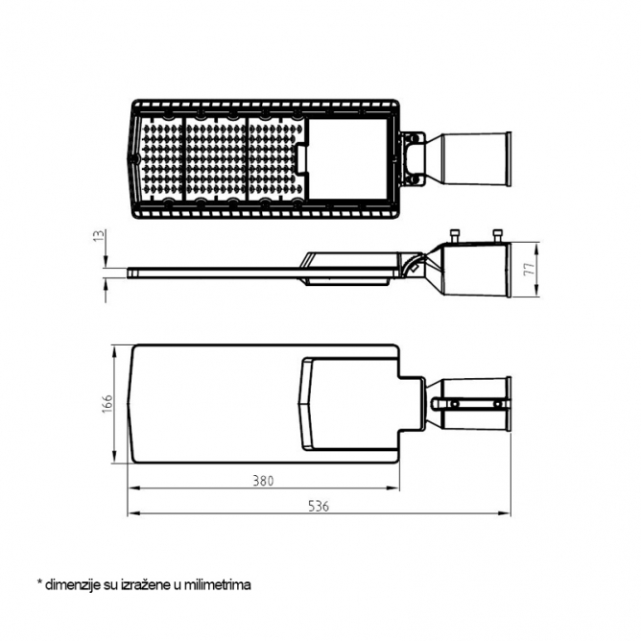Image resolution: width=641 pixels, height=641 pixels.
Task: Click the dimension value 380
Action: click(x=263, y=481)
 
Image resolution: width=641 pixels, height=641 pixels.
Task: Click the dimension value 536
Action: click(x=319, y=506)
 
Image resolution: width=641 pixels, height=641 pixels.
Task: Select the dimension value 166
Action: click(x=107, y=403)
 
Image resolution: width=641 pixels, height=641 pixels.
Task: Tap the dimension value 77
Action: click(x=530, y=269)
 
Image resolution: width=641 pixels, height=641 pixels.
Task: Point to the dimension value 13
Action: click(x=100, y=236)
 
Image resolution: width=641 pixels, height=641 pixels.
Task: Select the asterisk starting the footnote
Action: click(x=39, y=582)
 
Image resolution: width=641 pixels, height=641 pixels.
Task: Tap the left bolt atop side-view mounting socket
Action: click(x=455, y=236)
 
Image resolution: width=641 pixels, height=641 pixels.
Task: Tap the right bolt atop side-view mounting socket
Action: click(x=497, y=236)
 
